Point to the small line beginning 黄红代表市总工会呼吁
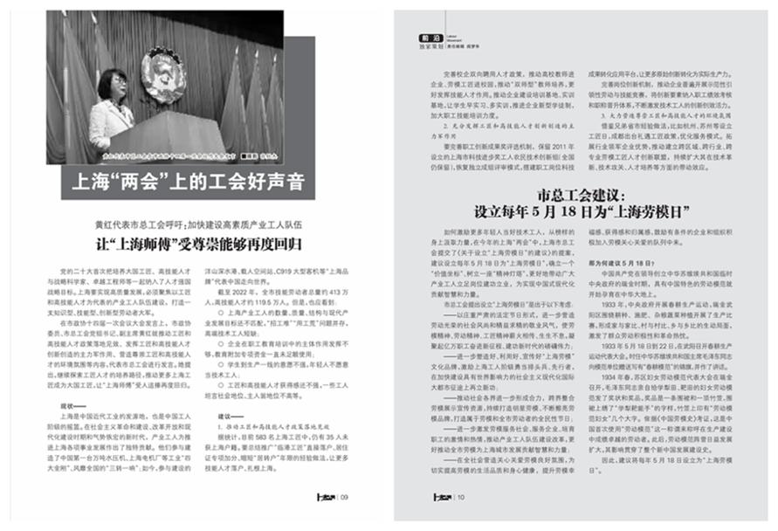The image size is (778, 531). click(201, 223)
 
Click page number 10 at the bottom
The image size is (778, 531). click(460, 496)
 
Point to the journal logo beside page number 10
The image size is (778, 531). click(442, 496)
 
